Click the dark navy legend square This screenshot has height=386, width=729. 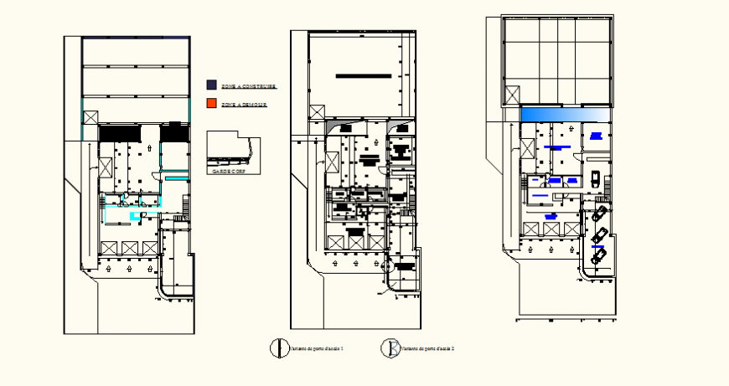[211, 85]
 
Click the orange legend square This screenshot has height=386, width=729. [211, 104]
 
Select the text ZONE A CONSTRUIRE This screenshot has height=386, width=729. [248, 85]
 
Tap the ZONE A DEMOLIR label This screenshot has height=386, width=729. [243, 105]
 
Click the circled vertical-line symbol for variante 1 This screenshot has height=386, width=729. [274, 347]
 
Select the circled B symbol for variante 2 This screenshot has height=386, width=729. [389, 347]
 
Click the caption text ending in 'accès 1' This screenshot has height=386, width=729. [316, 347]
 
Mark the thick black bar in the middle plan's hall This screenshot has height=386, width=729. [364, 76]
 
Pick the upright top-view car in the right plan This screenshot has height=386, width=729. [593, 178]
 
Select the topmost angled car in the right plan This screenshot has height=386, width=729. [600, 214]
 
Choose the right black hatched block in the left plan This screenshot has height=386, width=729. [173, 132]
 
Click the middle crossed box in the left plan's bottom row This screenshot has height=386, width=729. [130, 248]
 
